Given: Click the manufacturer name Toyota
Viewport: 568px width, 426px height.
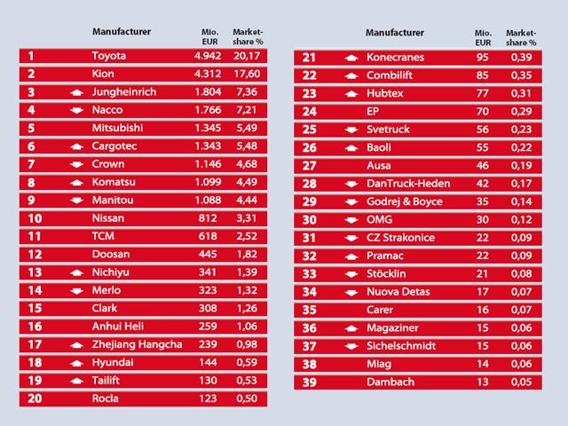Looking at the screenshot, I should (109, 56).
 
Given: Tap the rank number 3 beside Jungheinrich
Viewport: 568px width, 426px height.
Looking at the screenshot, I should (31, 92).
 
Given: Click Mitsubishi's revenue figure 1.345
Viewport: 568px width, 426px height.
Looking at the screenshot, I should (209, 129).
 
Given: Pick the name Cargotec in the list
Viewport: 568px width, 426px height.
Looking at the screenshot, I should (116, 146).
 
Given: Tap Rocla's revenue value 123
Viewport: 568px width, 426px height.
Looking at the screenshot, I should (214, 398).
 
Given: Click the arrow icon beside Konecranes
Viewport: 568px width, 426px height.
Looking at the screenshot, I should (351, 59).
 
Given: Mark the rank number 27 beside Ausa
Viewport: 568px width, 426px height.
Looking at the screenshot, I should (309, 165).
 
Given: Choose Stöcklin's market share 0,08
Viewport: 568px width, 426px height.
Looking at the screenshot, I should (522, 273).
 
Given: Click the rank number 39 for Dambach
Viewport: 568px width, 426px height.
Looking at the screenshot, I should (309, 382).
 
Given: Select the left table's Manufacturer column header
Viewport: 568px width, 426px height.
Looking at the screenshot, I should (121, 32).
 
